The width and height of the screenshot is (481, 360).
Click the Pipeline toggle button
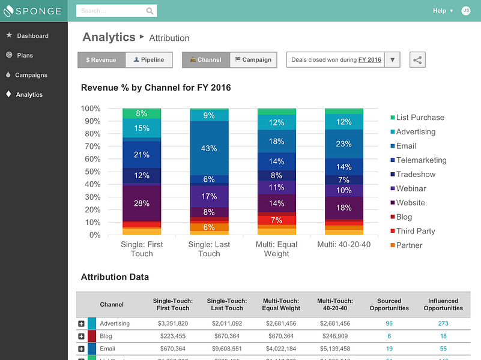tap(149, 60)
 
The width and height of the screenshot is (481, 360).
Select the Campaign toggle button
tap(253, 60)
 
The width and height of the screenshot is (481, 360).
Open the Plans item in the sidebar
tap(25, 55)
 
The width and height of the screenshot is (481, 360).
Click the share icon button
tap(417, 60)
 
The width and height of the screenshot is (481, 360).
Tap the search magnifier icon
tap(150, 11)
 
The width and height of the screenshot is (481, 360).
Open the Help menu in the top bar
tap(443, 11)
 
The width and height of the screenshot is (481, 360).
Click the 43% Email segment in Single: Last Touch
tap(209, 148)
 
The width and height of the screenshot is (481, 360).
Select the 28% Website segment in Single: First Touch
tap(142, 203)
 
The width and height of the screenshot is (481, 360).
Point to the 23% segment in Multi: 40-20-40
tap(343, 144)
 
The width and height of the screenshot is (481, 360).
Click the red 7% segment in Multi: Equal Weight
tap(276, 220)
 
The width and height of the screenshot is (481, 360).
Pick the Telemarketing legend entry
tap(421, 160)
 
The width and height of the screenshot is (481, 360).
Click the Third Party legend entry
tap(415, 231)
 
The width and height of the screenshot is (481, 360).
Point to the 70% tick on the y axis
tap(91, 146)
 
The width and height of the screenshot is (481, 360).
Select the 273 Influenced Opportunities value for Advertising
tap(443, 323)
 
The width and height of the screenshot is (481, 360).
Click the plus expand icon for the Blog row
tap(81, 336)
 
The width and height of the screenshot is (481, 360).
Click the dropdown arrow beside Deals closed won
tap(392, 60)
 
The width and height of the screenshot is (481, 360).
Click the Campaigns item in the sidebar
tap(31, 75)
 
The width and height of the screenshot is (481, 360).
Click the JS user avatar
tap(466, 11)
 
